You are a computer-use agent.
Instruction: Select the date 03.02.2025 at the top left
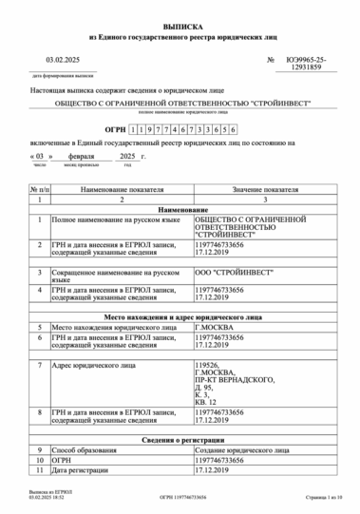tap(49, 61)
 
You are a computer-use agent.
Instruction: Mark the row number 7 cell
tap(39, 364)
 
